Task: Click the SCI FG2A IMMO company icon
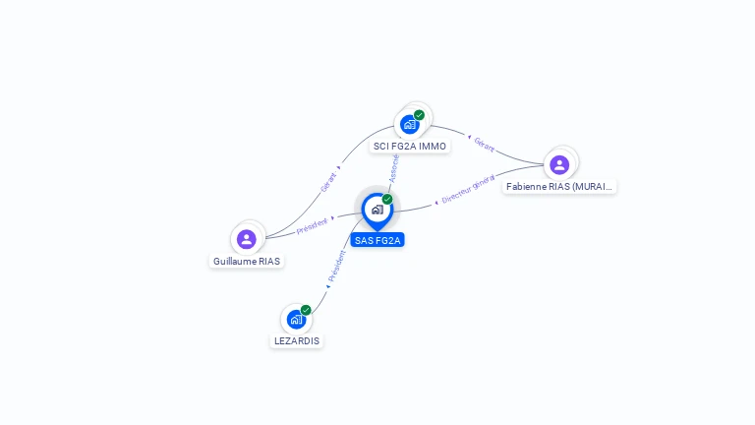click(x=409, y=125)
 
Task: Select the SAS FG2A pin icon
click(x=377, y=210)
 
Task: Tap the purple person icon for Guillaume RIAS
click(x=247, y=239)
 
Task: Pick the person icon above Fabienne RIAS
click(x=559, y=164)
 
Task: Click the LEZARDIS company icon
click(x=296, y=320)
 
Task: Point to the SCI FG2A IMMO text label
click(x=410, y=147)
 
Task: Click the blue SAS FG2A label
click(x=377, y=240)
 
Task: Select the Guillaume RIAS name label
click(x=247, y=262)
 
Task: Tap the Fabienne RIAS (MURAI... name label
click(x=559, y=186)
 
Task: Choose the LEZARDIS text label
click(x=297, y=341)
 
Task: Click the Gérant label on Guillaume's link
click(x=328, y=182)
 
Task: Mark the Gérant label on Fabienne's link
click(x=484, y=144)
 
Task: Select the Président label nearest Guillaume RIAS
click(x=312, y=225)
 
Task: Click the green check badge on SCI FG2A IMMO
click(x=420, y=115)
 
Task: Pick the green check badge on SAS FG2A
click(x=387, y=199)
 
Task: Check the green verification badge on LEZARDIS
click(x=306, y=310)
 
